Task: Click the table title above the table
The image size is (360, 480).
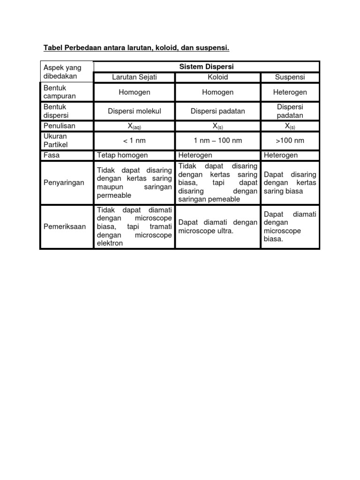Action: (136, 48)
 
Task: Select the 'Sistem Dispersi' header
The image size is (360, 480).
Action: (206, 67)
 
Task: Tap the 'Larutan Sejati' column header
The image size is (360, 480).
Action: (135, 77)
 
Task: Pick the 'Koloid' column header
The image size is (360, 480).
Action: (217, 77)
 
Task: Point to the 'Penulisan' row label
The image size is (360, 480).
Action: (59, 126)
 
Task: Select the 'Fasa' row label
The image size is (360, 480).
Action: (52, 155)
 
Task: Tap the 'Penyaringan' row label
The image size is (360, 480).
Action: (64, 183)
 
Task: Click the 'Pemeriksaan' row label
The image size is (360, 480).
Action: (65, 226)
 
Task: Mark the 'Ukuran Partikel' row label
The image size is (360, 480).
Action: (55, 141)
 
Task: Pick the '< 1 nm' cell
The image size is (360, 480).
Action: (135, 141)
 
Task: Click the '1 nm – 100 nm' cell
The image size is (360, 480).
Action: (217, 141)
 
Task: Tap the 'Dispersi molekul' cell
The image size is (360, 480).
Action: (135, 111)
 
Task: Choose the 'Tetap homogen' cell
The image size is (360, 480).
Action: (122, 155)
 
